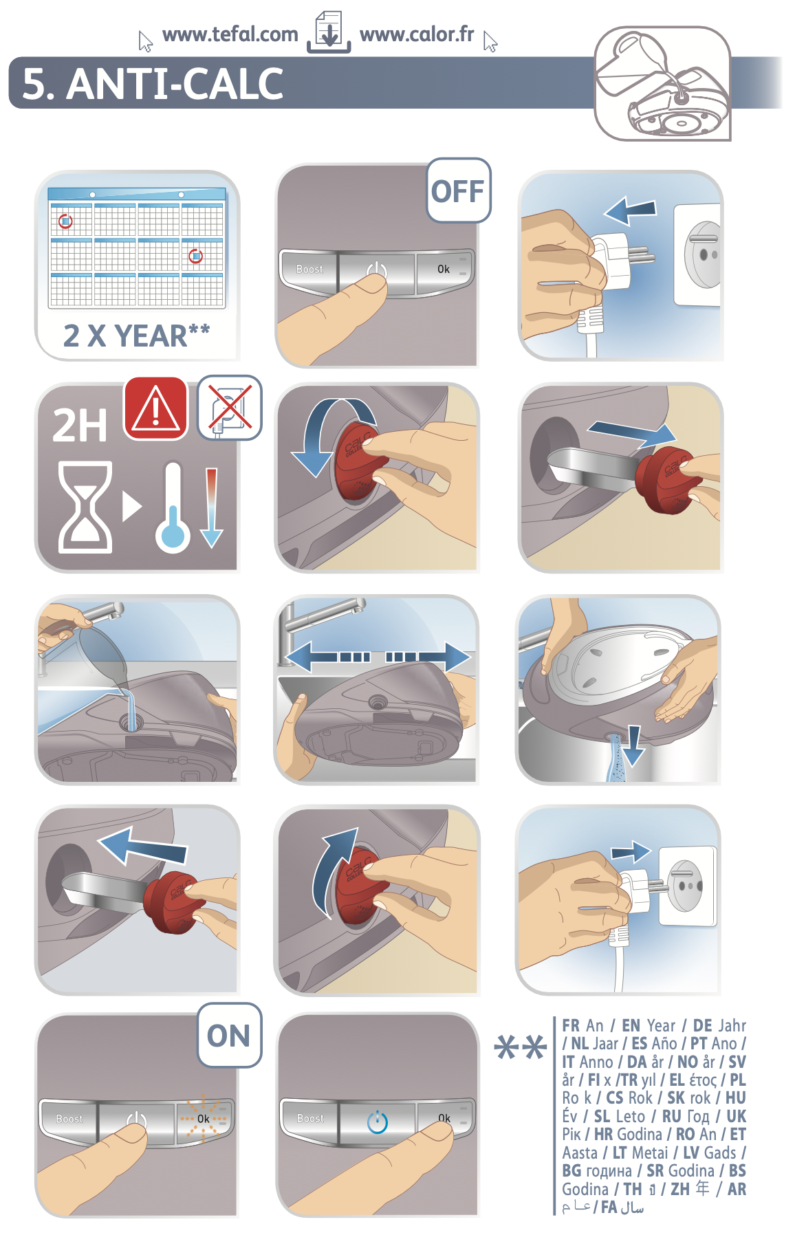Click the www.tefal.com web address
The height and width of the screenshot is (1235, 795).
tap(230, 34)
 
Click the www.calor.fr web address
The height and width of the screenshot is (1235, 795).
tap(417, 34)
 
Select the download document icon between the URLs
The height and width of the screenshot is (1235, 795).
tap(329, 32)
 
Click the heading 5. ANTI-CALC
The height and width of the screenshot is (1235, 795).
tap(153, 84)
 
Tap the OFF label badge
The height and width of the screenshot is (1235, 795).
tap(458, 190)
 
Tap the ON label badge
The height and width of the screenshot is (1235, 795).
tap(229, 1036)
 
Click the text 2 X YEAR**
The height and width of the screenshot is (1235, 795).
tap(136, 336)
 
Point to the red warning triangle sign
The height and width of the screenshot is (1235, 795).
tap(155, 408)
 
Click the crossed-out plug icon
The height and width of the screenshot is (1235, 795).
tap(230, 407)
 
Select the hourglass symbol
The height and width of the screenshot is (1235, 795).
tap(85, 507)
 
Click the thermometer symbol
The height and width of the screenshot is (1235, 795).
tap(172, 507)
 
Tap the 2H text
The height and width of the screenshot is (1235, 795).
tap(80, 426)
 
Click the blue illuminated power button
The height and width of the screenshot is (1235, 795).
tap(378, 1122)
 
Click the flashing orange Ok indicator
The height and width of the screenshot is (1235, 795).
tap(204, 1119)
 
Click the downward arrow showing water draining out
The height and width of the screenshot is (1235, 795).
tap(633, 745)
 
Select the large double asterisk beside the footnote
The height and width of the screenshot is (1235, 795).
tap(521, 1048)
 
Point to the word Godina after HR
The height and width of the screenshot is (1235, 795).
tap(639, 1135)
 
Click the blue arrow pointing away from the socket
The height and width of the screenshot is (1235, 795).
tap(630, 209)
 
